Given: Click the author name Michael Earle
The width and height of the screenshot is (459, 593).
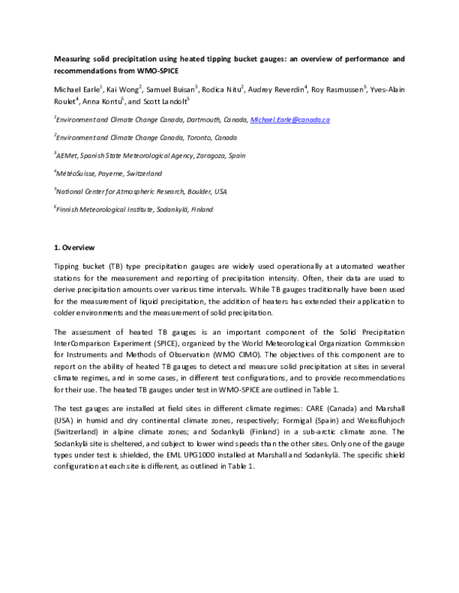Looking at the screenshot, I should (76, 89).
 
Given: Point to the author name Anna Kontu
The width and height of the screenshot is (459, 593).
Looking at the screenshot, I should (98, 101).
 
